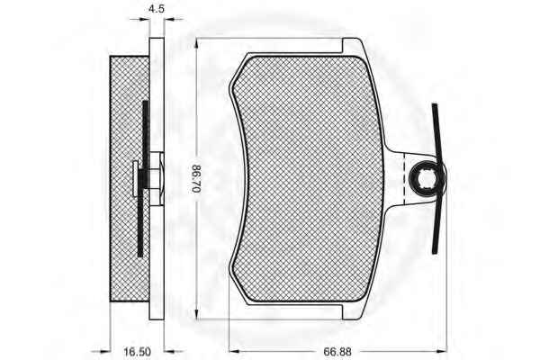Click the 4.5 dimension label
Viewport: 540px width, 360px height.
point(157,9)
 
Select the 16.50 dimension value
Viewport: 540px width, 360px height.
point(137,352)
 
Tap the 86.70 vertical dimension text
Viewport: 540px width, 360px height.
point(195,179)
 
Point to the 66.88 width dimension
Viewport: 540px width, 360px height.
point(337,352)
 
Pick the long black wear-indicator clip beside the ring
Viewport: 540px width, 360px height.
point(437,178)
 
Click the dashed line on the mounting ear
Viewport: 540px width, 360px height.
point(403,178)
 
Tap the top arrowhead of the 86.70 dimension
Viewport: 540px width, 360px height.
point(196,42)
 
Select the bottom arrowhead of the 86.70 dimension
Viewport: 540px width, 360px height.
point(196,314)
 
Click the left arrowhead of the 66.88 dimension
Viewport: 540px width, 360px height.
point(234,351)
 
